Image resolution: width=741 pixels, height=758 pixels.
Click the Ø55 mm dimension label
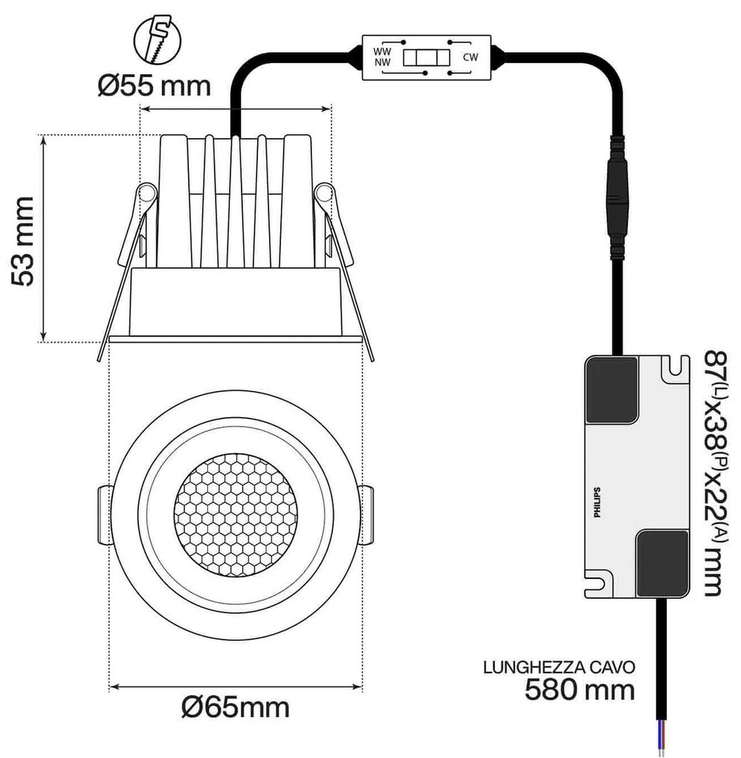155,86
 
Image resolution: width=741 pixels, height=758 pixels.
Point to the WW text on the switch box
381,51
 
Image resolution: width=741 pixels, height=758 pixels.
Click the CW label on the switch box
470,57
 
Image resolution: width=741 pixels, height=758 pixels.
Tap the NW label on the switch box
381,63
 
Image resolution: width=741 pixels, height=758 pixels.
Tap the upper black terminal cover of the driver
612,390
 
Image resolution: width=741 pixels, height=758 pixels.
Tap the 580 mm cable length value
580,690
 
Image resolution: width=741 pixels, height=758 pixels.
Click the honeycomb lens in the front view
236,514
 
